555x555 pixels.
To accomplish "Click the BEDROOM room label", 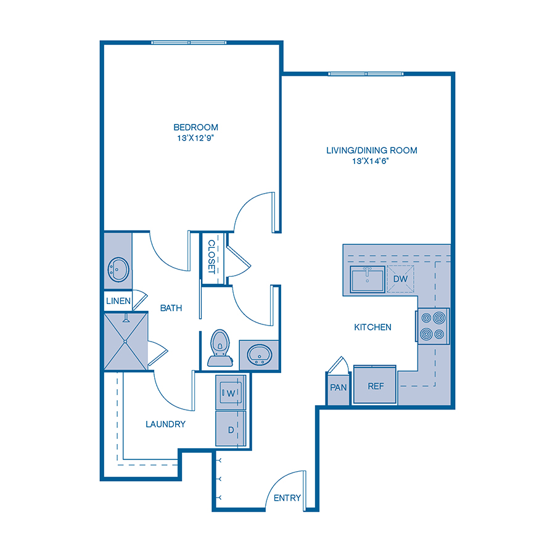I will pos(195,128).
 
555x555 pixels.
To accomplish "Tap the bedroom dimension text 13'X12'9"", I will pos(195,138).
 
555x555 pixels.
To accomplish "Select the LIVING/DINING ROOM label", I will pos(372,150).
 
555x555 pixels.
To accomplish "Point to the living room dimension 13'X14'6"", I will pos(371,161).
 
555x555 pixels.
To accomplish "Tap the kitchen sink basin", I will pos(368,279).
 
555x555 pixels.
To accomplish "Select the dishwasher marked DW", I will pos(400,279).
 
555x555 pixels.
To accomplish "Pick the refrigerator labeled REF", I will pos(376,386).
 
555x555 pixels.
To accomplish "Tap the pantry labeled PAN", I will pos(338,388).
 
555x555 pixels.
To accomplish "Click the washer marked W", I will pos(231,392).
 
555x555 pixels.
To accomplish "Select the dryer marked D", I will pos(231,429).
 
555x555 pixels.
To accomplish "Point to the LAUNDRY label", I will pos(165,424).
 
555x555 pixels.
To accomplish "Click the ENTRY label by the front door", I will pos(287,498).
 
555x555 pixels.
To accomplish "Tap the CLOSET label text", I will pos(212,257).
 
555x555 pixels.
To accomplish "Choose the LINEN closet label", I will pos(118,301).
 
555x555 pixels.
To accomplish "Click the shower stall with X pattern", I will pos(126,341).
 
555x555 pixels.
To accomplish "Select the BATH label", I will pos(171,308).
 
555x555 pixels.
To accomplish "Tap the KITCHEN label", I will pos(372,327).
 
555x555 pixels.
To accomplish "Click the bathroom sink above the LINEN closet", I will pos(118,269).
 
